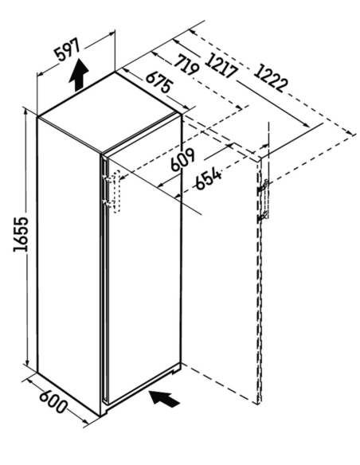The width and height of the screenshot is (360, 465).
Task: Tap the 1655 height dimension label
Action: (21, 234)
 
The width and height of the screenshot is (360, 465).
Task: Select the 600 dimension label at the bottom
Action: (53, 402)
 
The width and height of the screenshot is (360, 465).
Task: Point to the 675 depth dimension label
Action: (158, 82)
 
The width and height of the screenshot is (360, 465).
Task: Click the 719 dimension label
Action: (186, 64)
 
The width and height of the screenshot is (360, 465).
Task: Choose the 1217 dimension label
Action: (221, 65)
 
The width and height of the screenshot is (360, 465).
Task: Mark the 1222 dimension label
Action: (271, 78)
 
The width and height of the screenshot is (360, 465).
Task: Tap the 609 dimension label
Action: (183, 159)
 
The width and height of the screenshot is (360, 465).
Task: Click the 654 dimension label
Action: (209, 179)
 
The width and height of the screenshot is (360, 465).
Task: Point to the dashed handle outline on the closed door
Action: (116, 191)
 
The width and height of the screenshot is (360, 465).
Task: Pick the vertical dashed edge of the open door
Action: (259, 282)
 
